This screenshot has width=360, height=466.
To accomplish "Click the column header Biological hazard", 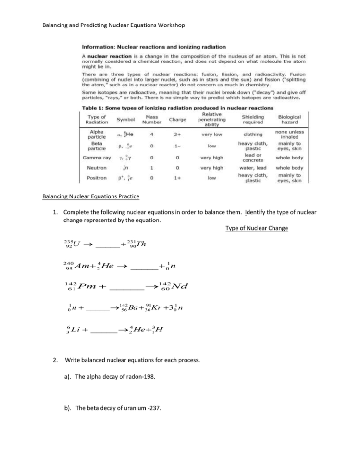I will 289,119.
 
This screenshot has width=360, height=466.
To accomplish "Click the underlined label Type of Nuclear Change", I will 256,228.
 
